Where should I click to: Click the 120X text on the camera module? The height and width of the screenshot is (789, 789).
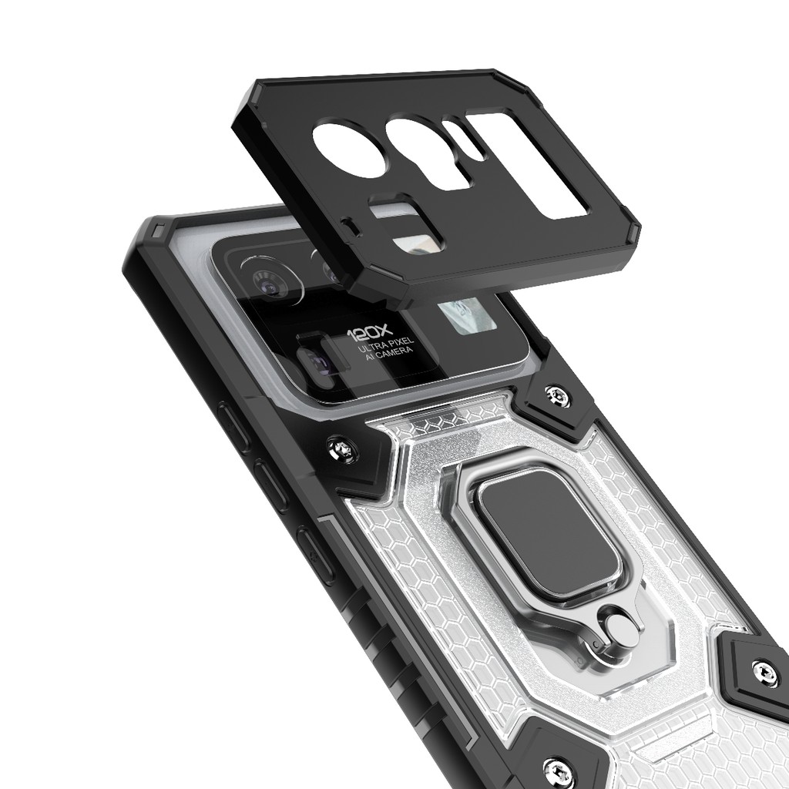369,333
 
